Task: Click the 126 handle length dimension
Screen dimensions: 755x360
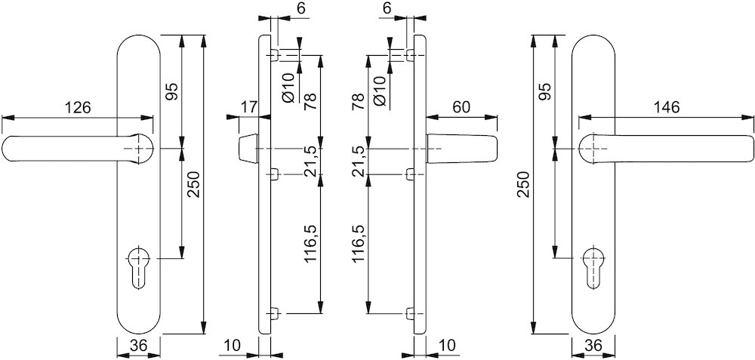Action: tap(78, 107)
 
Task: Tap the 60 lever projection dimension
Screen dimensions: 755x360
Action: tap(461, 107)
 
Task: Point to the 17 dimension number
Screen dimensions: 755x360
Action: tap(249, 107)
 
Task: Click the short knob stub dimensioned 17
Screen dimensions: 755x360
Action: tap(248, 149)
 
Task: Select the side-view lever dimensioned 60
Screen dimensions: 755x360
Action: tap(462, 149)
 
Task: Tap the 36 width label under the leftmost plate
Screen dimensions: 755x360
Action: tap(137, 345)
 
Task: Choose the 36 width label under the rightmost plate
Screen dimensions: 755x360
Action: tap(593, 345)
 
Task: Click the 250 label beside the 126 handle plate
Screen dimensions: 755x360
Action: tap(193, 185)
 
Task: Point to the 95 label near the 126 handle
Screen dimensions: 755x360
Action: tap(172, 91)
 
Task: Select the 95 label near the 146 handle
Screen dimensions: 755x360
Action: tap(545, 91)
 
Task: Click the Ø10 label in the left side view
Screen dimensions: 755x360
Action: tap(288, 88)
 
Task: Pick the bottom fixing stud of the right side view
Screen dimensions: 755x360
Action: tap(410, 314)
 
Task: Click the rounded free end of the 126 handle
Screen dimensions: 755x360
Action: tap(7, 149)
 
